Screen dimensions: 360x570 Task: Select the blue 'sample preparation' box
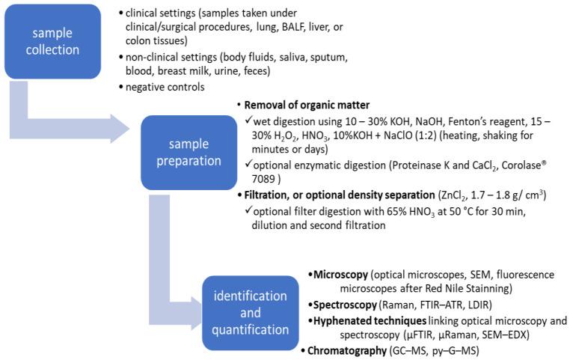tap(189, 151)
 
